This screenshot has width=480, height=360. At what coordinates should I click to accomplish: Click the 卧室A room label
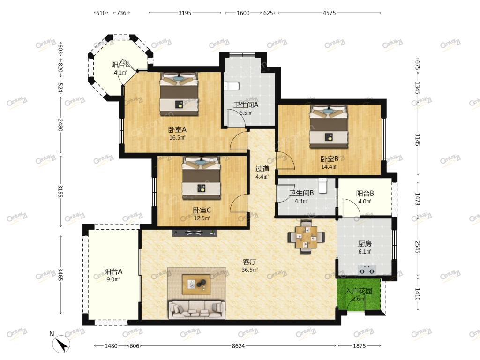[x=177, y=129]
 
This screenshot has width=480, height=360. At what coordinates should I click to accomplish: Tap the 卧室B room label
[x=330, y=159]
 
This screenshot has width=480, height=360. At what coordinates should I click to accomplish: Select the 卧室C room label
[x=202, y=210]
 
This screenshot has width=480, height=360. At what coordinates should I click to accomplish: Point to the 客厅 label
[x=249, y=262]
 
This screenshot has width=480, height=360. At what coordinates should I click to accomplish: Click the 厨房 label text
[x=365, y=244]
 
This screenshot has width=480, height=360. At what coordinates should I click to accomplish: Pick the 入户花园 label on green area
[x=359, y=291]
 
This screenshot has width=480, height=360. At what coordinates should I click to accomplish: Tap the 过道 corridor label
[x=262, y=169]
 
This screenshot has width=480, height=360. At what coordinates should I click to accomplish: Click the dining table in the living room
[x=306, y=237]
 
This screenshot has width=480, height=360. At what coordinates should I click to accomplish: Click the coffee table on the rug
[x=196, y=285]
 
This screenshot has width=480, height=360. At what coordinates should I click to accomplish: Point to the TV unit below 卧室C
[x=195, y=233]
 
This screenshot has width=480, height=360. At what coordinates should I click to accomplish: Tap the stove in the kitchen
[x=367, y=270]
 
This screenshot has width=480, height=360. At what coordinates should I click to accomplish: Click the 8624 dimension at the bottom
[x=238, y=346]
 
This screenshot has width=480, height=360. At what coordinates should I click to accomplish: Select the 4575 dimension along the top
[x=329, y=13]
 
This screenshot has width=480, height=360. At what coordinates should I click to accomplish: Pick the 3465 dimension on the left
[x=60, y=275]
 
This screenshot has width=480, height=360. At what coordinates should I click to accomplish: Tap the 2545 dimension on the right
[x=418, y=247]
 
